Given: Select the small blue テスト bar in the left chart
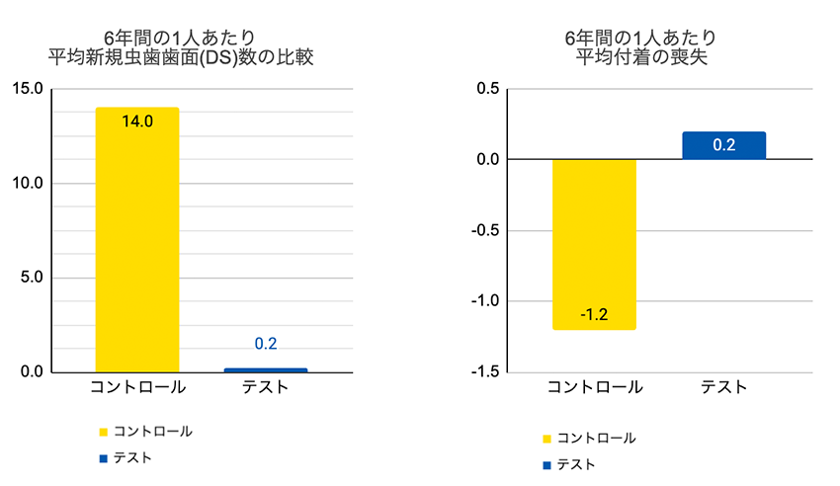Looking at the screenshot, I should pos(266,370).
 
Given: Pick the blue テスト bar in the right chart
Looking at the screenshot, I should pos(723,146).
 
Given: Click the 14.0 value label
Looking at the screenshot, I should pos(137,122).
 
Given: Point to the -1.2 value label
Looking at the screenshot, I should pos(594,315).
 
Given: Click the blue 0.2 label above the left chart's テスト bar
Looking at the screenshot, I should pos(266,344).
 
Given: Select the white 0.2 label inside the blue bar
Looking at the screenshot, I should pos(723,145).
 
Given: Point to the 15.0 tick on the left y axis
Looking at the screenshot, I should pos(26,89).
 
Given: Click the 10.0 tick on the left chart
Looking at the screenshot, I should pos(26,184).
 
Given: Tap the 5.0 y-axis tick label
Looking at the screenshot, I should pos(30,278).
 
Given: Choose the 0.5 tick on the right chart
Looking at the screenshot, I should pos(486,89).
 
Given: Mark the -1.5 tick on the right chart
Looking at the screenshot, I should pos(483,372).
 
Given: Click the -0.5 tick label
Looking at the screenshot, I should pos(483,230).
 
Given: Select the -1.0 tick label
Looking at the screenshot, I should pos(483,301).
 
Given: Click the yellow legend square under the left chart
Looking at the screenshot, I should pos(102,432).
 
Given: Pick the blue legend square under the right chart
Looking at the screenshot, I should pos(546,464).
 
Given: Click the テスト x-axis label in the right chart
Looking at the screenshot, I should pos(723,387).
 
